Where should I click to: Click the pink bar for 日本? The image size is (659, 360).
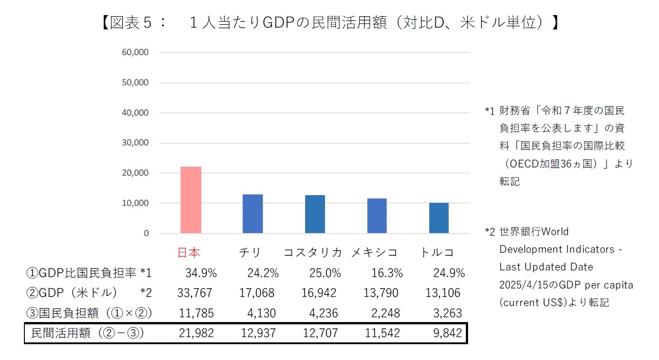(190, 200)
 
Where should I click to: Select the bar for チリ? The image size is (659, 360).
(252, 214)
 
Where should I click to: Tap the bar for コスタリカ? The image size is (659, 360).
(315, 214)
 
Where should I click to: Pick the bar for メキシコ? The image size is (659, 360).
(377, 216)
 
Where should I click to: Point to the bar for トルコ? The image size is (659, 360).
(439, 218)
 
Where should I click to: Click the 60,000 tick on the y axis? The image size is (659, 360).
(135, 52)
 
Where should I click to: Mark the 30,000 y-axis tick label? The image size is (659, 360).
(135, 143)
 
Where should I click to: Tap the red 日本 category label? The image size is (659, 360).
(189, 252)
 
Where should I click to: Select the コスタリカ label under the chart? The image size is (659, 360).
(312, 252)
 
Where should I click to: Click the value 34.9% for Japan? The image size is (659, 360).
(201, 273)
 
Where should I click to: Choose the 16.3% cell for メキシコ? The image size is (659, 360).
(387, 273)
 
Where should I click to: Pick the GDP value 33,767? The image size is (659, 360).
(195, 293)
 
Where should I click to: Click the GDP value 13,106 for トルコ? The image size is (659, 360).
(443, 293)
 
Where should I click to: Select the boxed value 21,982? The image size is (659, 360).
(195, 333)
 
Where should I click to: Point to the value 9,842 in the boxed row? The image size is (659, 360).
(447, 333)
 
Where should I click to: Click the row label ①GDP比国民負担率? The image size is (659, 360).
(83, 273)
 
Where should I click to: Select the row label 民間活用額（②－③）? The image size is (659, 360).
(87, 333)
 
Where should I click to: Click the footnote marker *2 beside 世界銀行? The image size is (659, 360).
(490, 232)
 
